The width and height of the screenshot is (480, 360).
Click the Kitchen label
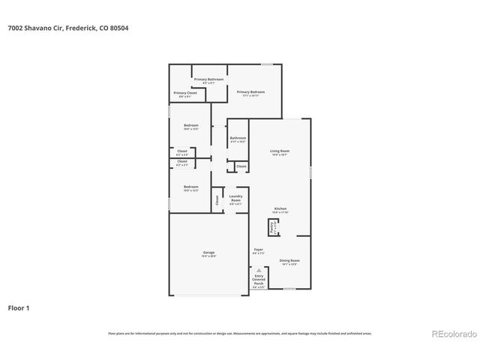click(x=280, y=210)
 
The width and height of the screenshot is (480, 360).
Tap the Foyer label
click(x=258, y=250)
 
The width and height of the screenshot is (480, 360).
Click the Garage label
click(x=208, y=254)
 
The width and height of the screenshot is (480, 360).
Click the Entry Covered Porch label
click(x=259, y=280)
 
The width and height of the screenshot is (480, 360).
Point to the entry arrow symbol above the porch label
click(x=259, y=270)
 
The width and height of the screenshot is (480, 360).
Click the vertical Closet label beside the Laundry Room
click(x=217, y=199)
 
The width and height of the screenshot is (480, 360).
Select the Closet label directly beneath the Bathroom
click(x=241, y=166)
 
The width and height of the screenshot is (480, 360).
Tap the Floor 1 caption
click(x=19, y=307)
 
